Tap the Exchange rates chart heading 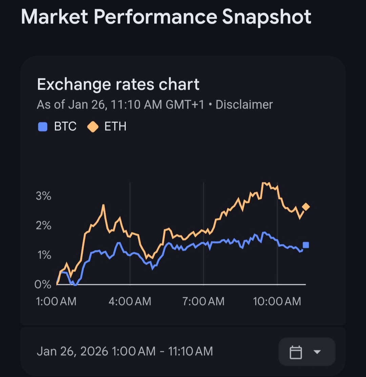tap(118, 84)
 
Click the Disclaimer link tap(244, 105)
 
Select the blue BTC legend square tap(42, 127)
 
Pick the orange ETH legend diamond tap(93, 127)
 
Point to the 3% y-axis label tap(43, 196)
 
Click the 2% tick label tap(43, 225)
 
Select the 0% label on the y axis tap(43, 284)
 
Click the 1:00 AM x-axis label tap(57, 301)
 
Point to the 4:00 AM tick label tap(130, 301)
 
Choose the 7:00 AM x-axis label tap(203, 301)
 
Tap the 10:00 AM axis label tap(277, 301)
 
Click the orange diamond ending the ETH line tap(306, 207)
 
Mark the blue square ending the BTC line tap(306, 245)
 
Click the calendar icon tap(296, 352)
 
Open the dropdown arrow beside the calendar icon tap(317, 352)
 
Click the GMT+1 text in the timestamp tap(185, 105)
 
